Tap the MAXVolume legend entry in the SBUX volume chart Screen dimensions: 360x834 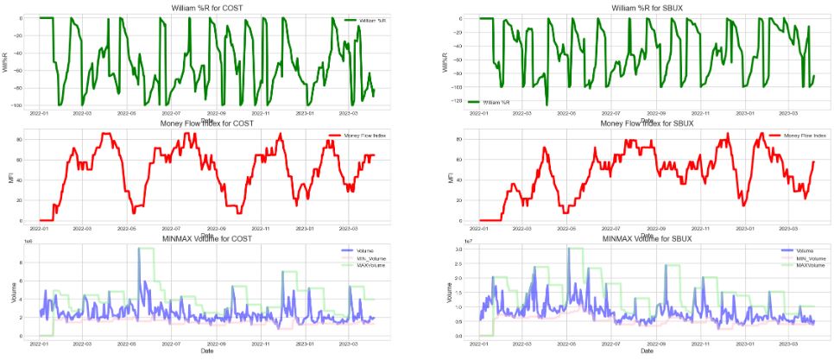[803, 265]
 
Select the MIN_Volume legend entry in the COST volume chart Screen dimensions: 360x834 [367, 258]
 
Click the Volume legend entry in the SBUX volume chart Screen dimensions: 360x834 [799, 251]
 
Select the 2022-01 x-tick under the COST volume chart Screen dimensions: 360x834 [40, 344]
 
